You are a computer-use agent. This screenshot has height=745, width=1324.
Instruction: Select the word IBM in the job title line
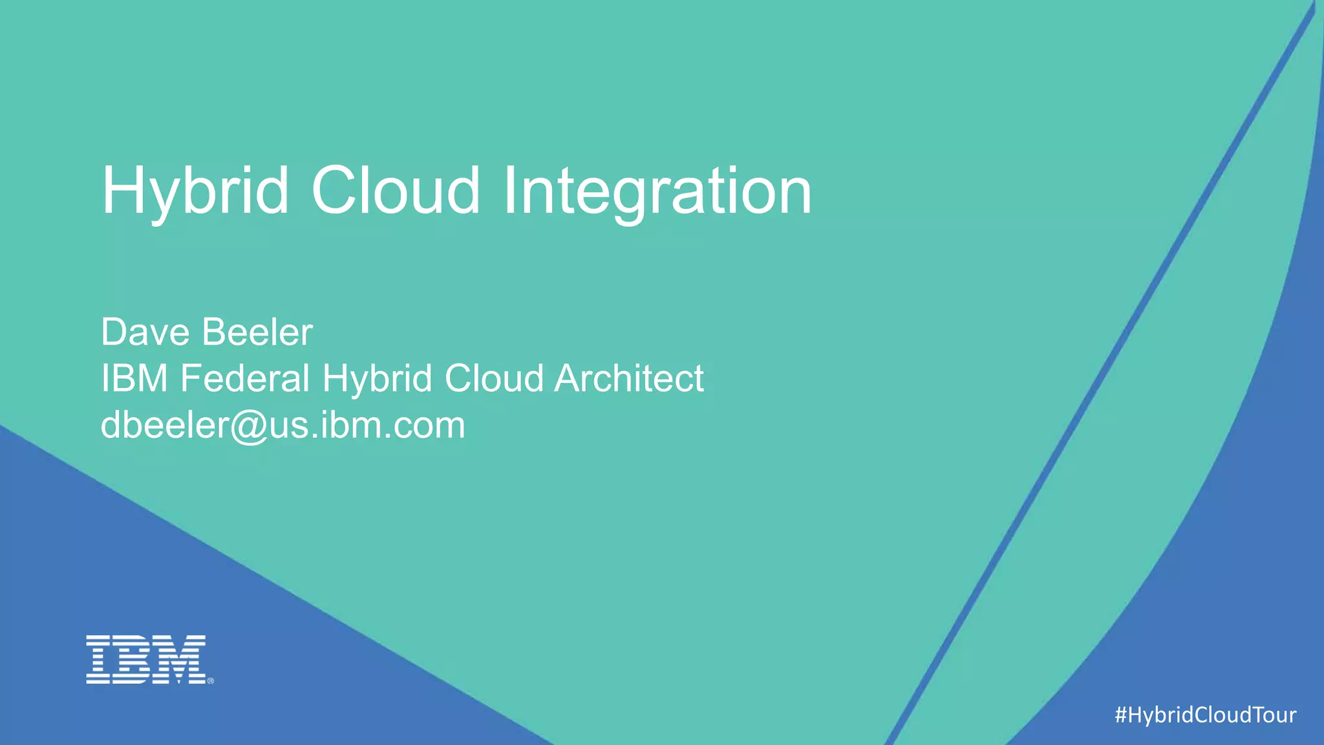click(x=134, y=378)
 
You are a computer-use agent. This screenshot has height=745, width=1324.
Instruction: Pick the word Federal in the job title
click(x=245, y=378)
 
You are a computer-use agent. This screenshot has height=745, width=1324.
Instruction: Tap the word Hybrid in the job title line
click(x=377, y=378)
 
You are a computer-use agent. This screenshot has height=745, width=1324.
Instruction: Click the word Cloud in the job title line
click(x=493, y=378)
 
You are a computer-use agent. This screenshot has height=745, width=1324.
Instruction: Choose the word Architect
click(x=629, y=378)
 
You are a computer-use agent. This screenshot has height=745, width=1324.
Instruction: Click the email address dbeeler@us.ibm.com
click(x=283, y=426)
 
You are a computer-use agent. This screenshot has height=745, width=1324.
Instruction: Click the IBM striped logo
click(x=147, y=659)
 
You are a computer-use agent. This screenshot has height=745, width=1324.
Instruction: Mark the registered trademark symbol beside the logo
click(x=210, y=680)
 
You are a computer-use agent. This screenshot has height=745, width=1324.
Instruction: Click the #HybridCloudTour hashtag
click(x=1205, y=715)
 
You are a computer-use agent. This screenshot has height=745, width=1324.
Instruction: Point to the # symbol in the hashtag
click(x=1122, y=715)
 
